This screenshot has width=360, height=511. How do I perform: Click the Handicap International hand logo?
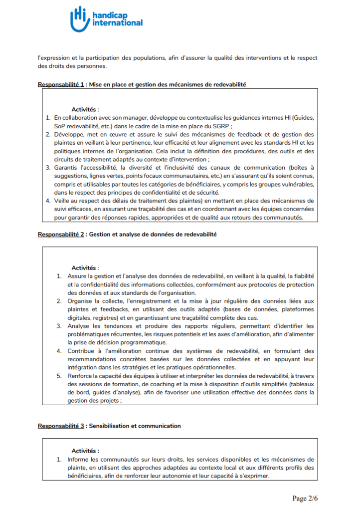[79, 19]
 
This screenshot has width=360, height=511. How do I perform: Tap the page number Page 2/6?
[304, 498]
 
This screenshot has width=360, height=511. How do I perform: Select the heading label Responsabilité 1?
[61, 84]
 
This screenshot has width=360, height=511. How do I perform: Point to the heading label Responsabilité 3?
[61, 426]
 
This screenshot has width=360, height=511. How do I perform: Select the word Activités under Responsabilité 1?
[85, 109]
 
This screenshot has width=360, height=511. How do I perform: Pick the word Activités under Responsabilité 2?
[85, 268]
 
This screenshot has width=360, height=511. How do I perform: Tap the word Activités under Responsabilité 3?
[85, 451]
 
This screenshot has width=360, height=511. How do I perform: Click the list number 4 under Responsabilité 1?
[48, 201]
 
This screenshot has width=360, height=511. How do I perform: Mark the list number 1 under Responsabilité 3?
[58, 459]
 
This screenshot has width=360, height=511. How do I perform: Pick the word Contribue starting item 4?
[82, 351]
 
